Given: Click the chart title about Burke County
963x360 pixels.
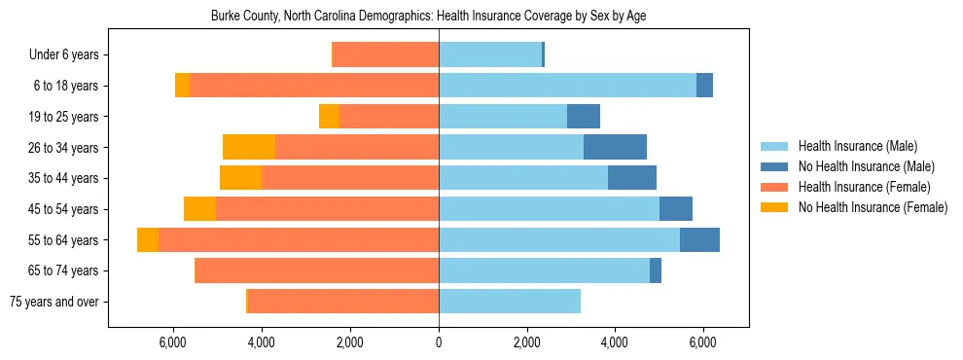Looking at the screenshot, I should point(428,17).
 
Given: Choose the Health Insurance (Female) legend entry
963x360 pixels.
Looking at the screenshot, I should point(864,187).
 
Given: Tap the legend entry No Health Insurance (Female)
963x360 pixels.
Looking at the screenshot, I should point(873,207).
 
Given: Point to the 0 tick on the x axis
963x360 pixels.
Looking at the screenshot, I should point(439,342).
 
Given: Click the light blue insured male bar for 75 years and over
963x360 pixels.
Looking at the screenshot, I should point(510,302).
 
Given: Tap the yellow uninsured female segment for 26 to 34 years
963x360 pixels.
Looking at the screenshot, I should point(249,148).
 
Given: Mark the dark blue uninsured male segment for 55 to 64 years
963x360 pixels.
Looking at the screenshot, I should point(699,240).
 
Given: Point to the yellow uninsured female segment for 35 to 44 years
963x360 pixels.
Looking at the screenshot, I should point(241,178).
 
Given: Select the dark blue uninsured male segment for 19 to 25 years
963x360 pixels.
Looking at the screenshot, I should point(584,117).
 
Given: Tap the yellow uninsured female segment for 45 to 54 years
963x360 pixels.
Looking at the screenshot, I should point(199,209).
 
